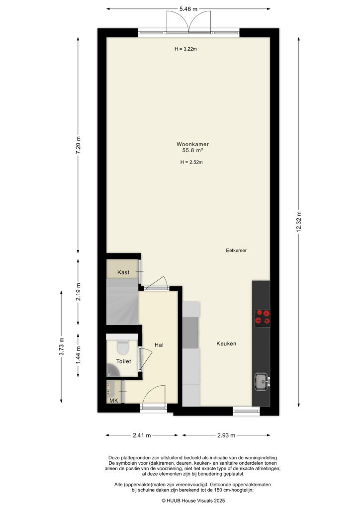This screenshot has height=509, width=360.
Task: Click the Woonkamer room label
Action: pyautogui.click(x=188, y=144)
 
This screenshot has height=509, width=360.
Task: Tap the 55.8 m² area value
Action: pyautogui.click(x=188, y=150)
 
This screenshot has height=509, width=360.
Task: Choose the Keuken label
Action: pyautogui.click(x=226, y=343)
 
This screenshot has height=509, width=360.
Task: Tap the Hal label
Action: pyautogui.click(x=159, y=344)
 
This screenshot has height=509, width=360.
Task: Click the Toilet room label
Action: pyautogui.click(x=123, y=361)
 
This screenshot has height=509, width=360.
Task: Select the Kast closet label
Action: pyautogui.click(x=123, y=273)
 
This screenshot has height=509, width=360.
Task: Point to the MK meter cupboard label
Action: pyautogui.click(x=113, y=401)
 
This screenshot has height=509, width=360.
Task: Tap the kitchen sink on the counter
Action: pyautogui.click(x=261, y=382)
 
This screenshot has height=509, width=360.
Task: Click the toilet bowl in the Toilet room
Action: pyautogui.click(x=122, y=345)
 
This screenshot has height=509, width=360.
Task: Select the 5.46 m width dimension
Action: pyautogui.click(x=189, y=8)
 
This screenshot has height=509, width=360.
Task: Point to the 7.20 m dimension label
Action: pyautogui.click(x=78, y=146)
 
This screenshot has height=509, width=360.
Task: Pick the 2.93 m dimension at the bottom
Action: pyautogui.click(x=226, y=435)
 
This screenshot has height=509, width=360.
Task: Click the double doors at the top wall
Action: pyautogui.click(x=188, y=22)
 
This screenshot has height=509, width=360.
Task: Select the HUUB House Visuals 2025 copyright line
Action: pyautogui.click(x=188, y=501)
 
